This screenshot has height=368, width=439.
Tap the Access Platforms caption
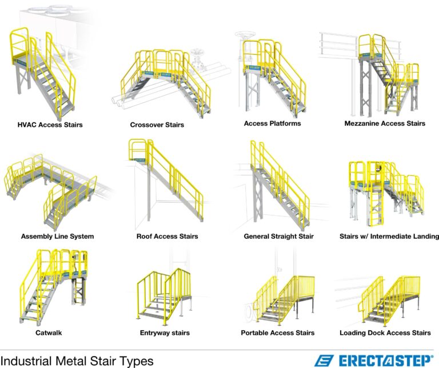(272, 123)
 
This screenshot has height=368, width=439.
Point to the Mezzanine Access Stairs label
(385, 123)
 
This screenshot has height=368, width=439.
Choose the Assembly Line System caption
(57, 236)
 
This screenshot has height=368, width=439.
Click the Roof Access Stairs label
(167, 236)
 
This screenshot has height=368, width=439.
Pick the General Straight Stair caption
(279, 236)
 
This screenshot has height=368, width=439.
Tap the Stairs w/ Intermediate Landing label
(389, 236)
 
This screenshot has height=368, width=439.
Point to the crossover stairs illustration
(157, 80)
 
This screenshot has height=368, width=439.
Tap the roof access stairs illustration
(166, 183)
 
